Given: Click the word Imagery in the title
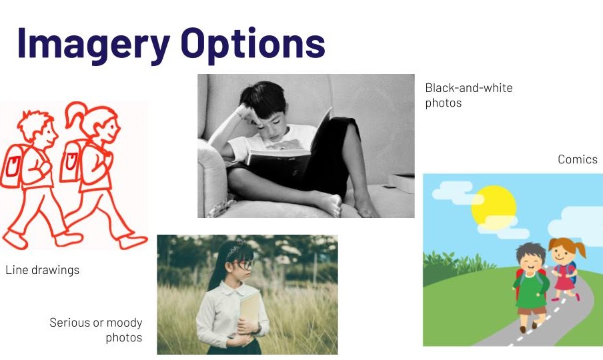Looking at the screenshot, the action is click(x=93, y=45).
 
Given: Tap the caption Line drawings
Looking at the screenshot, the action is click(x=42, y=270).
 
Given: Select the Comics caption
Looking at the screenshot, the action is click(x=577, y=159).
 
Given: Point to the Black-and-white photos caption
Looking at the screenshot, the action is click(x=468, y=95).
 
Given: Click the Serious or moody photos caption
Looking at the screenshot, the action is click(x=96, y=329).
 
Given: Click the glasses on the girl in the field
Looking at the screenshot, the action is click(x=242, y=265).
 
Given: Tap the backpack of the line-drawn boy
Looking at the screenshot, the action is click(x=12, y=166).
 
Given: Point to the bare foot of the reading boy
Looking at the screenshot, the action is click(x=331, y=205).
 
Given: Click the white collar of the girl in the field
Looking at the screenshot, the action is click(x=229, y=288).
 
